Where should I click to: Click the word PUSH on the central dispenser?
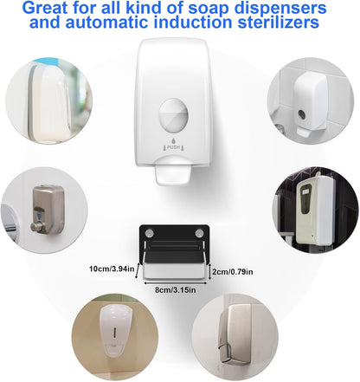pyautogui.click(x=173, y=147)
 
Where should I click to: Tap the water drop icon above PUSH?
pyautogui.click(x=173, y=141)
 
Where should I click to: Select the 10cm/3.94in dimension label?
pyautogui.click(x=112, y=269)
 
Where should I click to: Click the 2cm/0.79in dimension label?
pyautogui.click(x=233, y=272)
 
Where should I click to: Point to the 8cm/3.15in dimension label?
pyautogui.click(x=176, y=289)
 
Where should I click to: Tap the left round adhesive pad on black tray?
pyautogui.click(x=150, y=233)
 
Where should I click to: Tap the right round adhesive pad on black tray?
pyautogui.click(x=199, y=233)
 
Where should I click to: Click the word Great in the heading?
pyautogui.click(x=45, y=9)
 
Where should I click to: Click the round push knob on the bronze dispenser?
pyautogui.click(x=37, y=227)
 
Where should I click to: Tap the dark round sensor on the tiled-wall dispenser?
pyautogui.click(x=302, y=114)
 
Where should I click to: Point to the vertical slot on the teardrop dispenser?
pyautogui.click(x=116, y=331)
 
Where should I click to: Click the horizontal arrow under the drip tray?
pyautogui.click(x=175, y=282)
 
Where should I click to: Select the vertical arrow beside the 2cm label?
pyautogui.click(x=210, y=271)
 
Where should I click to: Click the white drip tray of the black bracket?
pyautogui.click(x=175, y=271)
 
